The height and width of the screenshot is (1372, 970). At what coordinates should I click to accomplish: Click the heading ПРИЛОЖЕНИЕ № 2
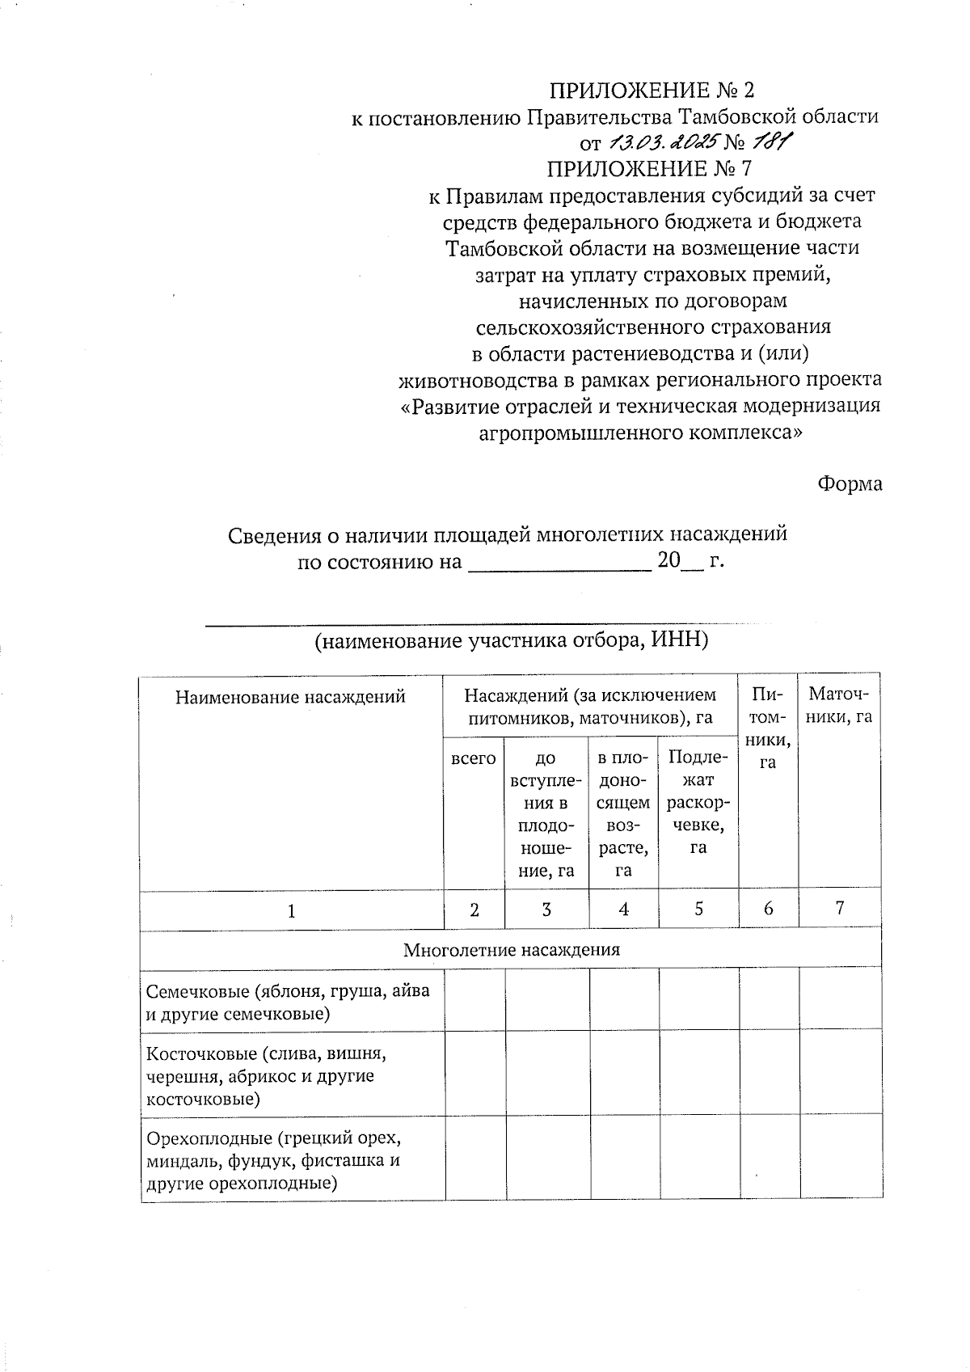coord(653,90)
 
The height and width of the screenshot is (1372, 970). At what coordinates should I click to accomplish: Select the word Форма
coord(849,483)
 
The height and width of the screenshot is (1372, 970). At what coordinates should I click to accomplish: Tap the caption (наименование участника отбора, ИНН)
coord(511,640)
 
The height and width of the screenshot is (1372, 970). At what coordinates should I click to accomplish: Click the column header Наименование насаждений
coord(290,697)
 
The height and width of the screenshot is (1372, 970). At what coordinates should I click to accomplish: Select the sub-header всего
coord(474,758)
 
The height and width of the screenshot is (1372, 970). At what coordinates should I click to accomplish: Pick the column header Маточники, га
coord(840,705)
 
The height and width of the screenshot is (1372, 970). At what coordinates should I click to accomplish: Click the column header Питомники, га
coord(768,728)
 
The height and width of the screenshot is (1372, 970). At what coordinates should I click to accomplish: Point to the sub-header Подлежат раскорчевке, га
coord(698,802)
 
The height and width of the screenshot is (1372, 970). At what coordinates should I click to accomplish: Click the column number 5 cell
coord(698,909)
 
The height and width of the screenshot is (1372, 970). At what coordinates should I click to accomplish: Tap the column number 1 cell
coord(291,910)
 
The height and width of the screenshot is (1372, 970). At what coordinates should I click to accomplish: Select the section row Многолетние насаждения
coord(511,950)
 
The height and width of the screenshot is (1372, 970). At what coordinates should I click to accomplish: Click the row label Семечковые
coord(287,1003)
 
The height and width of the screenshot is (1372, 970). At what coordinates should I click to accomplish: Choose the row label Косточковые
coord(267,1076)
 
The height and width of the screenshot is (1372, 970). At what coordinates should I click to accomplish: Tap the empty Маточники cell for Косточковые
coord(841,1074)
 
